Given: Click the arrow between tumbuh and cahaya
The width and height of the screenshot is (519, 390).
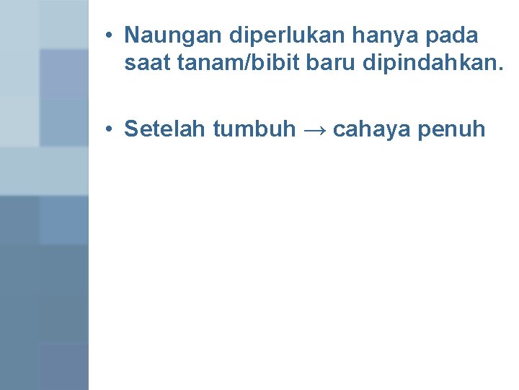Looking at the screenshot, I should [x=314, y=130].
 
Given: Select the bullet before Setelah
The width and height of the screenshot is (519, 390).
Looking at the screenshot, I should [x=107, y=130].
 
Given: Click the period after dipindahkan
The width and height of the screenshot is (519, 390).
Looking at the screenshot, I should [x=502, y=70].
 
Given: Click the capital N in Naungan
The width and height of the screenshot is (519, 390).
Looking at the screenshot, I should [x=131, y=35].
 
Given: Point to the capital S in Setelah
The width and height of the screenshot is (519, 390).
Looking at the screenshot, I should [x=131, y=129].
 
